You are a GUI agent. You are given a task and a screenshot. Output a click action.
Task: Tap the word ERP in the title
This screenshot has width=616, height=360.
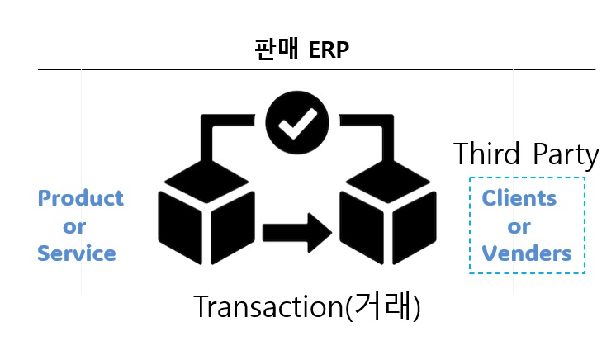point(329,50)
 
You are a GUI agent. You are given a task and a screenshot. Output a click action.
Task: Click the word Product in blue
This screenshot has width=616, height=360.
point(81,199)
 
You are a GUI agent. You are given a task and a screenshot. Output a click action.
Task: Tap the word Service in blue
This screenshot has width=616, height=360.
point(77,253)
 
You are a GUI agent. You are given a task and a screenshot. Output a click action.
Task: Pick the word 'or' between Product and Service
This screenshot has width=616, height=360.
point(74,226)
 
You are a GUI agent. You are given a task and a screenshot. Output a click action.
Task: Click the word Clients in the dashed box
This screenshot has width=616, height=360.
point(519,199)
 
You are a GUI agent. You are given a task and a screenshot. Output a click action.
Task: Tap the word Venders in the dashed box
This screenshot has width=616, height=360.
point(527,253)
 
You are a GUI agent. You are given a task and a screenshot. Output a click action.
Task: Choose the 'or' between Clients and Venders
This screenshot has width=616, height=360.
point(519,226)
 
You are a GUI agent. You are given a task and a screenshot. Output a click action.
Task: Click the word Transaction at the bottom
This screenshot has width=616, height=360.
point(267,307)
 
